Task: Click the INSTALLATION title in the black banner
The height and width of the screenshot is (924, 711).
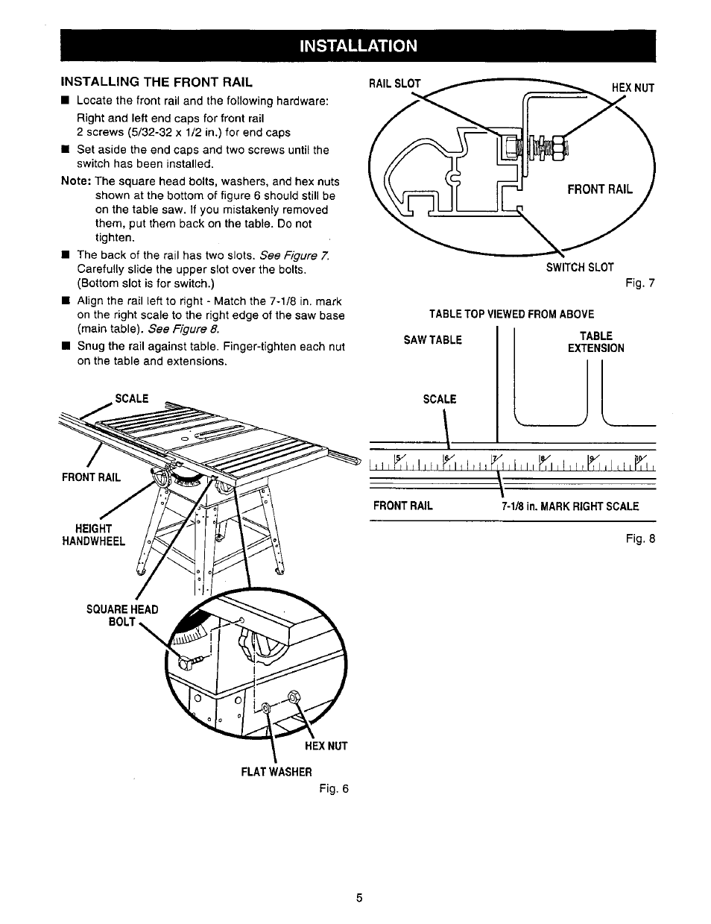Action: tap(358, 46)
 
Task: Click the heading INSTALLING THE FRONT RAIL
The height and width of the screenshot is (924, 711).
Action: tap(157, 81)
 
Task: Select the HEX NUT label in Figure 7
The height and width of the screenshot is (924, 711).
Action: tap(633, 87)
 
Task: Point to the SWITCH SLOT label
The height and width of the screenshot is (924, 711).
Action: tap(580, 267)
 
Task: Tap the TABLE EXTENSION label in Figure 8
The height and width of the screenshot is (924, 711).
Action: tap(595, 342)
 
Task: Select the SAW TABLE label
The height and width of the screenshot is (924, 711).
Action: tap(433, 340)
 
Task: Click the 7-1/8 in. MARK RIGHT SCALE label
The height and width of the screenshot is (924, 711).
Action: tap(570, 506)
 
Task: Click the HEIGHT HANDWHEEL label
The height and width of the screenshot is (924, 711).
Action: tap(93, 535)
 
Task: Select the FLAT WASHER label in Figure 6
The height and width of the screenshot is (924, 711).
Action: tap(276, 771)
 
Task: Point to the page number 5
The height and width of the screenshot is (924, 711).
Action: tap(358, 898)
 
